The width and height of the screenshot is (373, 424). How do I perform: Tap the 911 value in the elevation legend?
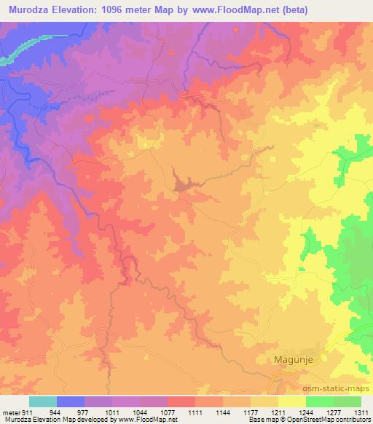click(27, 412)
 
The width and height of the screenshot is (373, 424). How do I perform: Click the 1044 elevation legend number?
click(141, 412)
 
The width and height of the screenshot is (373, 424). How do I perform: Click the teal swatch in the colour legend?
click(43, 401)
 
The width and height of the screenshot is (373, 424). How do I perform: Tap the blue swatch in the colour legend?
click(71, 401)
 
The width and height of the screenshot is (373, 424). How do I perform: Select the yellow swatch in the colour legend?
click(291, 401)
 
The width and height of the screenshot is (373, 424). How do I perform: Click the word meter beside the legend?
click(10, 412)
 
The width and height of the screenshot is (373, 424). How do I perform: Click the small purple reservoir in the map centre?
click(182, 181)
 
